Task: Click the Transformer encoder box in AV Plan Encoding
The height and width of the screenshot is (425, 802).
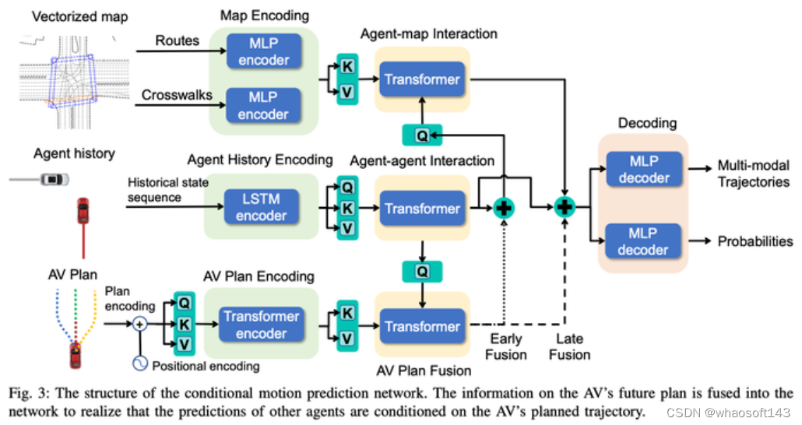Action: [261, 324]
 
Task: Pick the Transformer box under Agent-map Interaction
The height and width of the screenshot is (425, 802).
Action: [421, 79]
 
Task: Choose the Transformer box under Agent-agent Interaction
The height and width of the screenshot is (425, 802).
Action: [421, 209]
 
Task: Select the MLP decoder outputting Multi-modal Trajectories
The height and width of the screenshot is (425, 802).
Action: [643, 170]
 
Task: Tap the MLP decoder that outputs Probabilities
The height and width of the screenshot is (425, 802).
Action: [643, 241]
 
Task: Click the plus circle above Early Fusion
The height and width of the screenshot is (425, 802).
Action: [505, 208]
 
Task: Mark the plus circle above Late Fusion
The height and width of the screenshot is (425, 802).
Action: [565, 208]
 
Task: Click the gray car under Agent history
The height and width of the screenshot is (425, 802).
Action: [53, 180]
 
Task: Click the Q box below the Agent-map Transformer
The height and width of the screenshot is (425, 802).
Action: [421, 135]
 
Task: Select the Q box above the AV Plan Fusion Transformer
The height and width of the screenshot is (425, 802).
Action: [421, 271]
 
